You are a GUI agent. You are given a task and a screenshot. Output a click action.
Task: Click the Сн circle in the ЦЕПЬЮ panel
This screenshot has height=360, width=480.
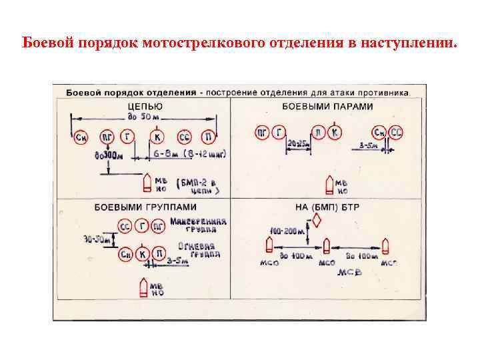(81, 137)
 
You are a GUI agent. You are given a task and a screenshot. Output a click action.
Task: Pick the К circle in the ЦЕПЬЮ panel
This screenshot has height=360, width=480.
(157, 137)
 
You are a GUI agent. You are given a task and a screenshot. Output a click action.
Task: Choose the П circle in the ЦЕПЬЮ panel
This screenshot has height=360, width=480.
(209, 137)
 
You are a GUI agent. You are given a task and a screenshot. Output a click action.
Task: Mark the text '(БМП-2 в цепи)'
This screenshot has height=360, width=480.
(199, 185)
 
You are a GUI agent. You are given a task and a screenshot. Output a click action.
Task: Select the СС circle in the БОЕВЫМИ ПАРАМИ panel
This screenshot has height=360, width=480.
(396, 132)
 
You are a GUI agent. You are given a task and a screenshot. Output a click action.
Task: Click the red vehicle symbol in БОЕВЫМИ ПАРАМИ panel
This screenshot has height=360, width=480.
(328, 184)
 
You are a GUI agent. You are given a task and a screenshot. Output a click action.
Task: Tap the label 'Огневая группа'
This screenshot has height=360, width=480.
(199, 249)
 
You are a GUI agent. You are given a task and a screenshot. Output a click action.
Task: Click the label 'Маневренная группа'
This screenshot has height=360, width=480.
(198, 224)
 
